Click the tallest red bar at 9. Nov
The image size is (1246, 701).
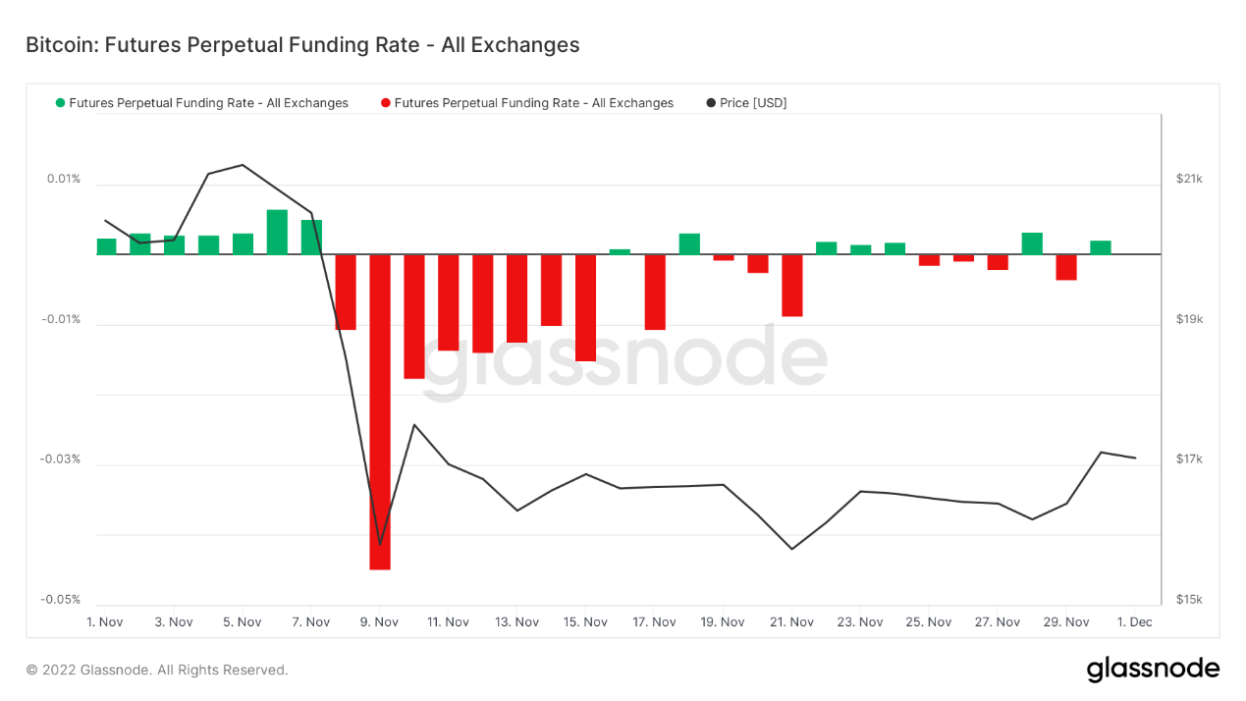380,411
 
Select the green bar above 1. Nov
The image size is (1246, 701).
106,246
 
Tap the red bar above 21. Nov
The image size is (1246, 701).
792,286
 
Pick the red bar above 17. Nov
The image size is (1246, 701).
655,293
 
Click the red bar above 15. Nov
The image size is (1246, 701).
585,308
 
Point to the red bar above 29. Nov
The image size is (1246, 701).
1066,267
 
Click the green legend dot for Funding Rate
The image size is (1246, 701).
61,103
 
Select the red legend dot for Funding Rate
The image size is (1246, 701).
386,103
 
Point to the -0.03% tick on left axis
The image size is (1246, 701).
60,459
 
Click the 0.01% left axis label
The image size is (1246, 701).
64,179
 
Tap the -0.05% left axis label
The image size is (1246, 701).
60,600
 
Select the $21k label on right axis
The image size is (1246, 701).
1189,179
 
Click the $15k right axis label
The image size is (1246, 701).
1189,600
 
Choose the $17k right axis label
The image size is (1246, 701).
1189,459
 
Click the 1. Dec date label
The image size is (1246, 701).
1135,622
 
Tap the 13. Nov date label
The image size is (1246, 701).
516,622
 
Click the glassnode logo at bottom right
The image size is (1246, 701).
1153,670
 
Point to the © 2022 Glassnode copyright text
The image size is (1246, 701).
157,670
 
